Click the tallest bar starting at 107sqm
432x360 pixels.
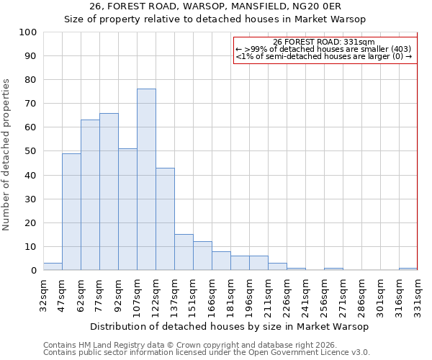click(x=146, y=179)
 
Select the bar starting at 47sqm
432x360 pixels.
click(x=71, y=212)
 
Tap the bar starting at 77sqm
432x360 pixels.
click(x=109, y=192)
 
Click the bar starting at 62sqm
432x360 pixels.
click(x=90, y=195)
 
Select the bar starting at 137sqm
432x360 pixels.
click(x=184, y=252)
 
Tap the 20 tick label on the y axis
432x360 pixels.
click(x=31, y=222)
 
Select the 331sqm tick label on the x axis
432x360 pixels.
click(x=418, y=294)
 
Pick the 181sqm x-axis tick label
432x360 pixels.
click(x=230, y=294)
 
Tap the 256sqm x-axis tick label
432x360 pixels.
click(x=324, y=294)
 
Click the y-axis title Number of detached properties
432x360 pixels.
click(x=7, y=155)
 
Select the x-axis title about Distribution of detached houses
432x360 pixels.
click(x=230, y=326)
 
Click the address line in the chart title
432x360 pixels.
click(x=215, y=6)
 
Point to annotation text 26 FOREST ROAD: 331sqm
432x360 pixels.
click(x=324, y=42)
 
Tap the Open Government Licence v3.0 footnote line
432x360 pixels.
click(x=207, y=352)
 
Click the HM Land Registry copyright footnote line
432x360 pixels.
click(x=190, y=345)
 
